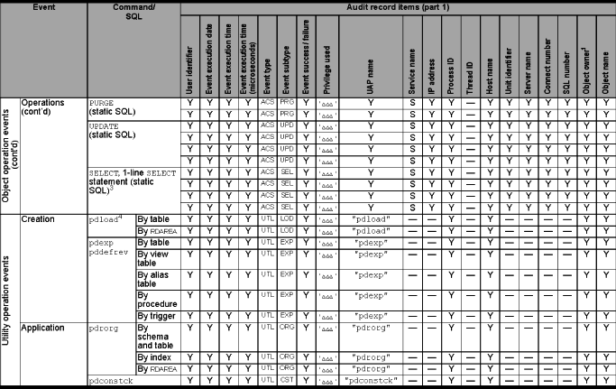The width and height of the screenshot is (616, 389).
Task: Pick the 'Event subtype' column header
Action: click(287, 69)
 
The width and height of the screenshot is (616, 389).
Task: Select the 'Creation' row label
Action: click(39, 218)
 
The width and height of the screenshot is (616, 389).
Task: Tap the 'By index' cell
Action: click(156, 358)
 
